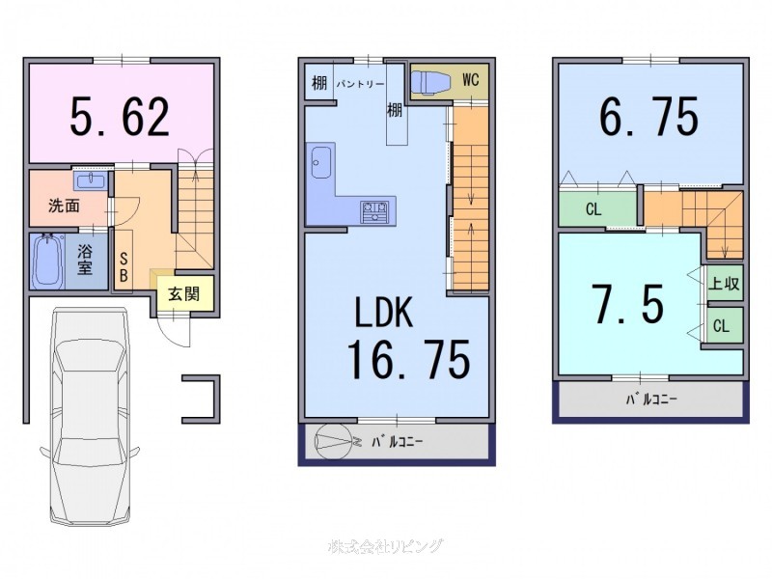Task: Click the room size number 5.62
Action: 120,117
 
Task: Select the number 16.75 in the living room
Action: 408,360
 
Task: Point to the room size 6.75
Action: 648,116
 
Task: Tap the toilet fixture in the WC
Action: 429,81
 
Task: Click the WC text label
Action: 471,80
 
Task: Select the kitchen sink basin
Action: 321,161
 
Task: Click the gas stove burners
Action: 375,211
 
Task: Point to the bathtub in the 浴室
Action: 47,262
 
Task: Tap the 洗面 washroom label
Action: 64,206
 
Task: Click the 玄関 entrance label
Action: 183,294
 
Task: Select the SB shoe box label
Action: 124,268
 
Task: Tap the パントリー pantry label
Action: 360,84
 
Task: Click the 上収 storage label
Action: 724,284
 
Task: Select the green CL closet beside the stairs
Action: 597,209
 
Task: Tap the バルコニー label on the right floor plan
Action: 651,400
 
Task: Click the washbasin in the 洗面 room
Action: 90,179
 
